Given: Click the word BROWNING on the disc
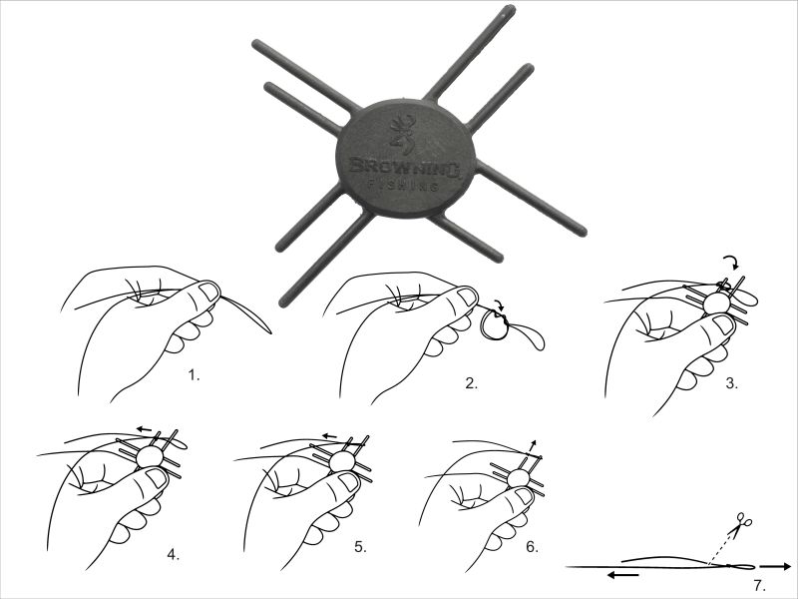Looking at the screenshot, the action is click(405, 167).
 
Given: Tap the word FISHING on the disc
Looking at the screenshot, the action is click(403, 185).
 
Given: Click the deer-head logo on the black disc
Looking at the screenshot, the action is click(402, 134).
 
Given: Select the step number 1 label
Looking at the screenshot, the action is click(194, 376).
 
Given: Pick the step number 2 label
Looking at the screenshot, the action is click(471, 383).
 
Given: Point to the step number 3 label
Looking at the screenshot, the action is click(731, 383).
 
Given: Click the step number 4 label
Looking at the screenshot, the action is click(173, 554).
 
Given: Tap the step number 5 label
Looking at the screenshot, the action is click(360, 547).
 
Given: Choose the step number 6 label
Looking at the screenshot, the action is click(532, 547).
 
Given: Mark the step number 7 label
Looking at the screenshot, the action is click(759, 586).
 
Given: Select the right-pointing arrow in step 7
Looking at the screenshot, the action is click(776, 566).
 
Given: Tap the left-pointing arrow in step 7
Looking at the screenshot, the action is click(623, 575).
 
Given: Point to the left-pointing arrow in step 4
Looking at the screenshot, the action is click(144, 429).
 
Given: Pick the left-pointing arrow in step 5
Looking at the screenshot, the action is click(330, 436).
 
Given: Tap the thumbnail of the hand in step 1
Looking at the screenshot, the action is click(208, 292).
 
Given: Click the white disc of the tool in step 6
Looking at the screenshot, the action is click(518, 478).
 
